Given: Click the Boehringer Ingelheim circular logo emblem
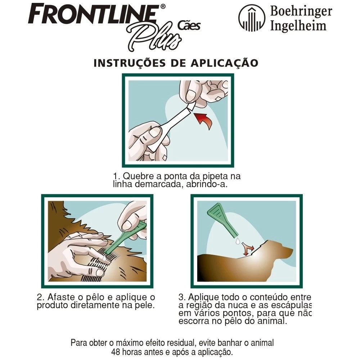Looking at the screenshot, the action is [x=252, y=19].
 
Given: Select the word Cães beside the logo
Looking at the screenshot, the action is [x=189, y=25].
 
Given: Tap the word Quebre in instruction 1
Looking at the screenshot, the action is [x=135, y=176].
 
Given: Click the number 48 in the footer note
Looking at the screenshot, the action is [x=116, y=351].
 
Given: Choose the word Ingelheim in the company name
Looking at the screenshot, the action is [x=298, y=25].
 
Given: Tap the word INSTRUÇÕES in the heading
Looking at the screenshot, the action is [x=129, y=63].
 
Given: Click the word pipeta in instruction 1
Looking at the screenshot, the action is [x=215, y=176].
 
